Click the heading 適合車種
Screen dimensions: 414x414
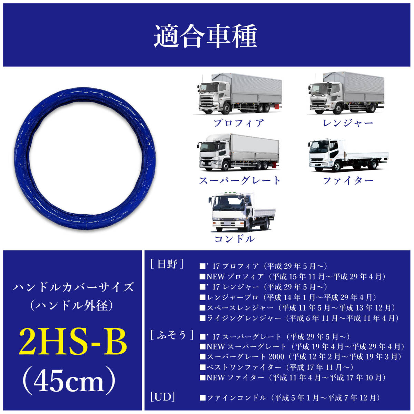206,36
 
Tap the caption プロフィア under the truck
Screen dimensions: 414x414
239,123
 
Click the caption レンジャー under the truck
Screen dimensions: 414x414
348,123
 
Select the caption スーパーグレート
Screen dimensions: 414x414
240,180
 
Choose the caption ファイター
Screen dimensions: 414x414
348,180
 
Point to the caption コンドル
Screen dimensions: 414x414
235,239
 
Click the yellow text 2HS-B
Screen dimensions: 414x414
73,342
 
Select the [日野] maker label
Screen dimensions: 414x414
167,265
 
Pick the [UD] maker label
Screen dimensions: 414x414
162,397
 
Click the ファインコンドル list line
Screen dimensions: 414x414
290,398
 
